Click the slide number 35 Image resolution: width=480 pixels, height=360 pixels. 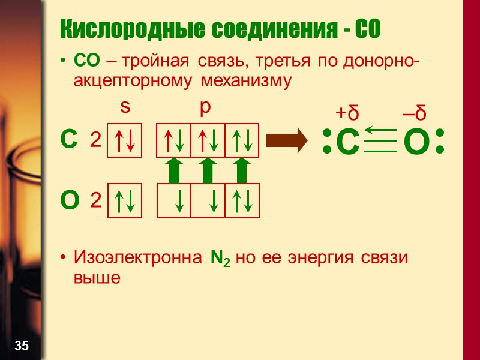[22, 345]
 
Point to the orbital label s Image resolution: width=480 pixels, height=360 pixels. [125, 107]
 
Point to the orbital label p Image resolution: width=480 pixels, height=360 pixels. [206, 107]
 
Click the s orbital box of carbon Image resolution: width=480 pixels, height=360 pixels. [124, 141]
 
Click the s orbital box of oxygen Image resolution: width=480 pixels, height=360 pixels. [124, 200]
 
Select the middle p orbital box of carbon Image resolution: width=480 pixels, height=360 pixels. [208, 141]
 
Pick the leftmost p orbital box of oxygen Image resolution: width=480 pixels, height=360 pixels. [174, 200]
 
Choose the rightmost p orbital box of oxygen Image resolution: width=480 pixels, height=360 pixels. [242, 200]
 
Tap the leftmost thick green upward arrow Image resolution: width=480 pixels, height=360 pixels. [173, 170]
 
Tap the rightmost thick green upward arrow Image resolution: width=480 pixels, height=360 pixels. [241, 170]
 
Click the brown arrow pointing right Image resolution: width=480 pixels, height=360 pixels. [287, 141]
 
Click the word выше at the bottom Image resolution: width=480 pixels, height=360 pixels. [97, 278]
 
